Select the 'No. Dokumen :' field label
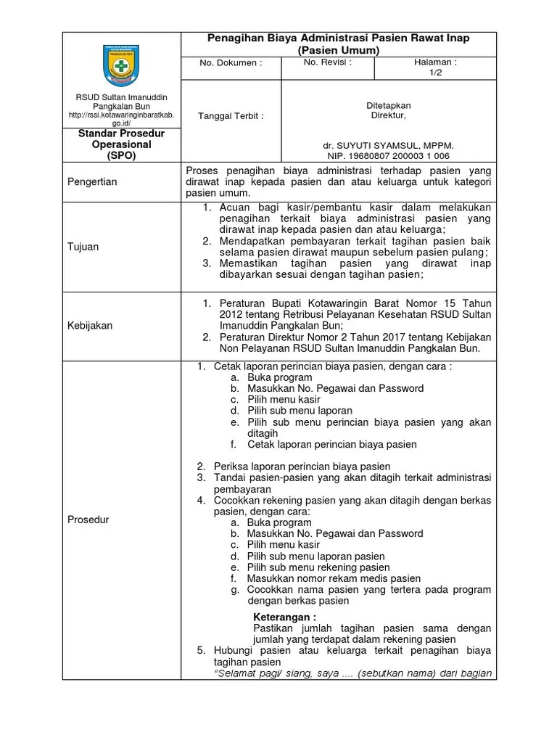[x=231, y=63]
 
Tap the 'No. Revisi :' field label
[x=328, y=62]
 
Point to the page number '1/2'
[x=435, y=73]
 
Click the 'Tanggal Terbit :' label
[x=231, y=115]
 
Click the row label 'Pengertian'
[x=92, y=181]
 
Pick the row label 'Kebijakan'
[x=90, y=326]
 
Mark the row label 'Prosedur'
[x=88, y=520]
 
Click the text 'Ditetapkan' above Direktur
[x=389, y=106]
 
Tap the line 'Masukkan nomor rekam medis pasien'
[x=334, y=578]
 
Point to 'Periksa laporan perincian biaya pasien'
[x=302, y=467]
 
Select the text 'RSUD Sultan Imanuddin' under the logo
[x=121, y=97]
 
